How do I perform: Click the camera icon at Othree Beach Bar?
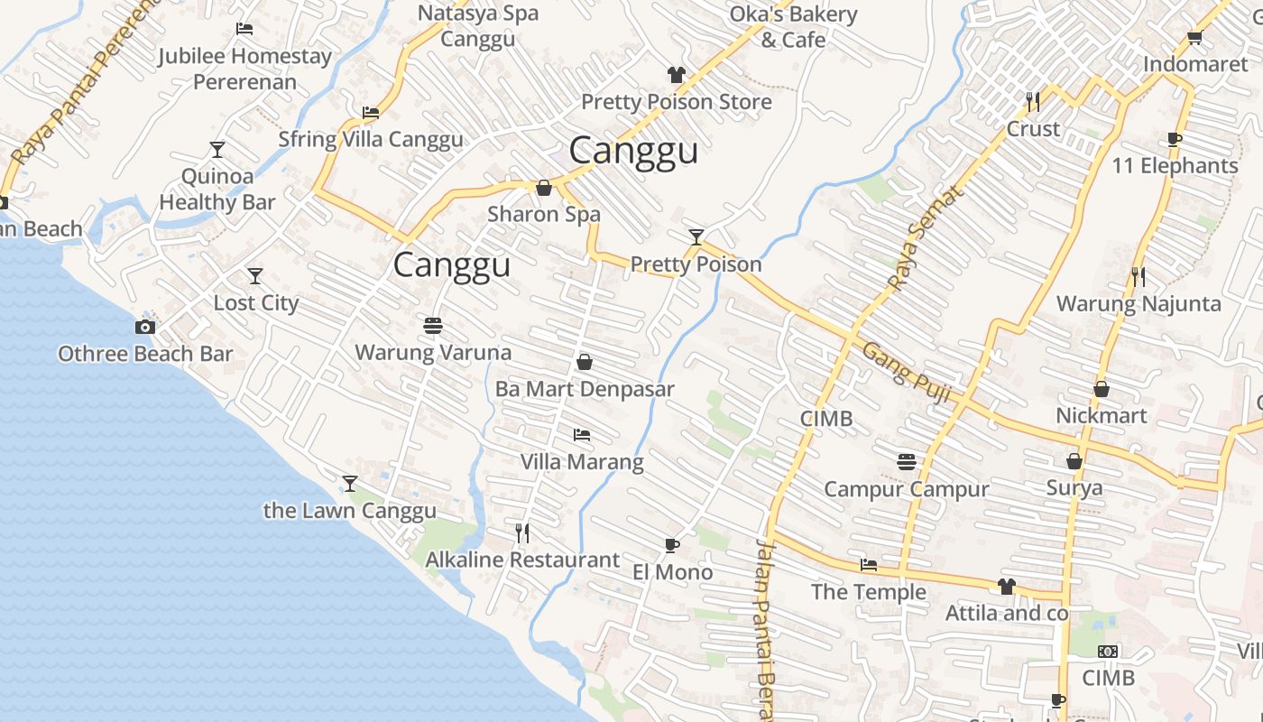click(145, 327)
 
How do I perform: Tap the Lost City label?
click(255, 303)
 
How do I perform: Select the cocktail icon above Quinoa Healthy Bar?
click(217, 149)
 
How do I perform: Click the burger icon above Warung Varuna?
click(433, 325)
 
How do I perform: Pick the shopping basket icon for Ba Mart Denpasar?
click(585, 362)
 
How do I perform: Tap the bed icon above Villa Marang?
click(582, 435)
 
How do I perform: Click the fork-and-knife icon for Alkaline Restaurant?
click(522, 532)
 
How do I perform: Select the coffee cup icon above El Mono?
click(671, 544)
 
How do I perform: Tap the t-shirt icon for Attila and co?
click(1007, 587)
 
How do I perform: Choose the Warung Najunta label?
click(1139, 304)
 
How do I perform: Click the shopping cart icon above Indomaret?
click(1194, 38)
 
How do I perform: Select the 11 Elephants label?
click(1175, 166)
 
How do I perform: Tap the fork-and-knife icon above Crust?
click(1033, 101)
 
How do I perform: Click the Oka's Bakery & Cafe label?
click(793, 27)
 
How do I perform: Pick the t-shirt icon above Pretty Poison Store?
click(677, 74)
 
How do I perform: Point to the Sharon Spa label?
click(544, 215)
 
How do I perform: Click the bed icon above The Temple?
click(869, 565)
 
